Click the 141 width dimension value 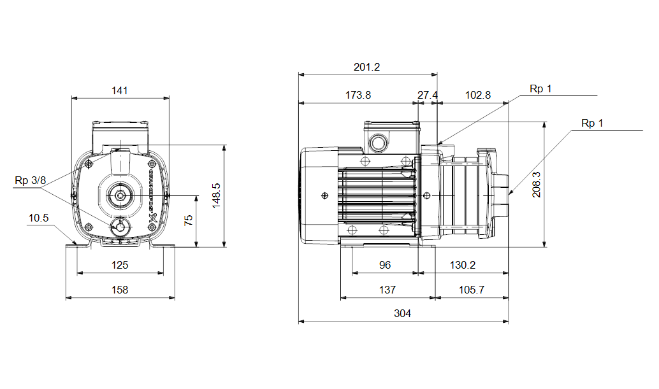(x=120, y=90)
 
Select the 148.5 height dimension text (x=216, y=196)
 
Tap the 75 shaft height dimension (x=188, y=221)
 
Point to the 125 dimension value (x=120, y=265)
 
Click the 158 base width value (x=120, y=290)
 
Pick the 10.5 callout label (x=38, y=218)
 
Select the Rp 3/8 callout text (x=31, y=181)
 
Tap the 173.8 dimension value (x=358, y=95)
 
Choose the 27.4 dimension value (x=428, y=95)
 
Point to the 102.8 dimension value (x=478, y=95)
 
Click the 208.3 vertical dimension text (x=537, y=185)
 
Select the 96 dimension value (x=384, y=265)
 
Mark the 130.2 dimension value (x=463, y=265)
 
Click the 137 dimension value (x=387, y=290)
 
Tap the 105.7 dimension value (x=472, y=290)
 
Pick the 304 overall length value (x=402, y=313)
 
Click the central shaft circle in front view (x=120, y=196)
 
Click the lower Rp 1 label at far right (x=591, y=123)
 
